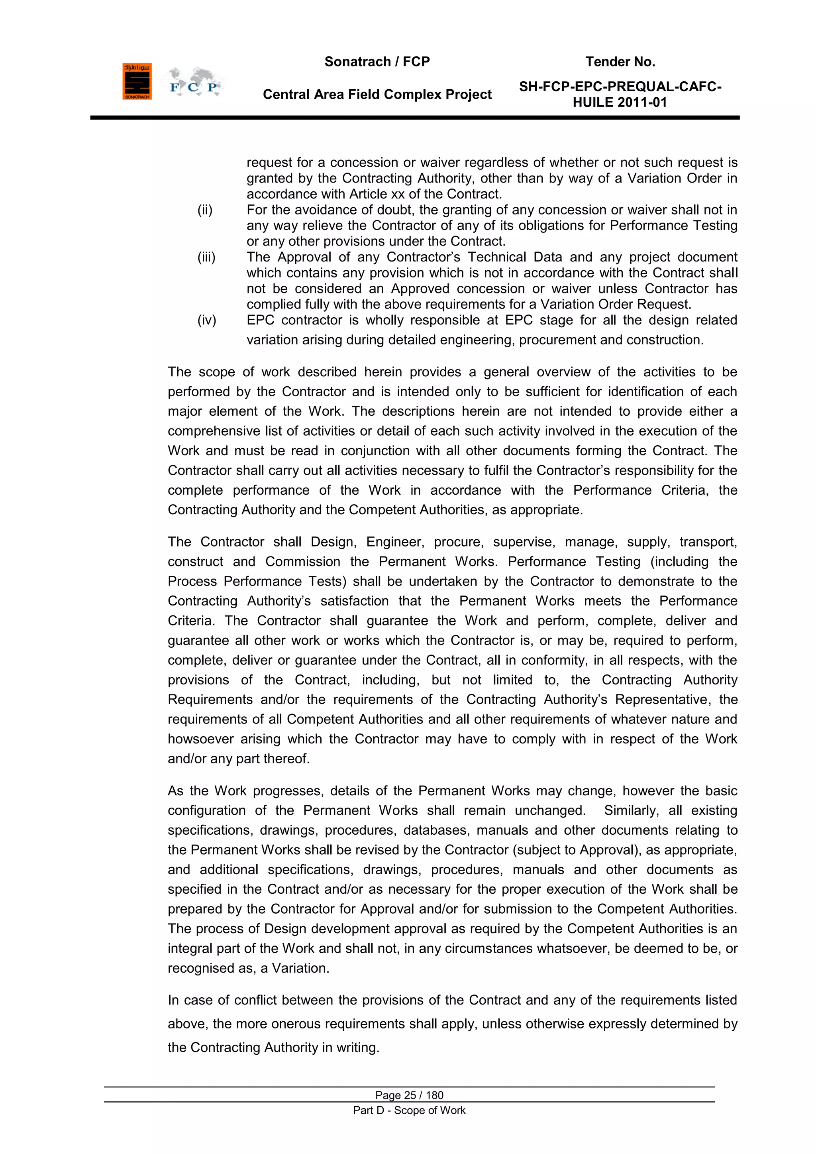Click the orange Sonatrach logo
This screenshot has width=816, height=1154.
click(x=137, y=81)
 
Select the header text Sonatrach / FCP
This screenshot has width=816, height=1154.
click(x=377, y=62)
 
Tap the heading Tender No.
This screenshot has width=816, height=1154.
click(x=620, y=62)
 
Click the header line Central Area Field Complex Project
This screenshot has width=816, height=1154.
click(x=377, y=94)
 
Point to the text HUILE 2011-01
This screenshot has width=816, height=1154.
click(x=620, y=102)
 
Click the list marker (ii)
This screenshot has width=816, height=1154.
click(x=205, y=210)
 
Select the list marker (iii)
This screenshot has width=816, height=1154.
click(x=206, y=258)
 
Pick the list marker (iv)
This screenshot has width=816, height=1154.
click(x=206, y=320)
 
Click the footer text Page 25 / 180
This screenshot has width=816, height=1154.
click(x=409, y=1095)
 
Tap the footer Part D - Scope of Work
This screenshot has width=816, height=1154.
click(x=409, y=1110)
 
